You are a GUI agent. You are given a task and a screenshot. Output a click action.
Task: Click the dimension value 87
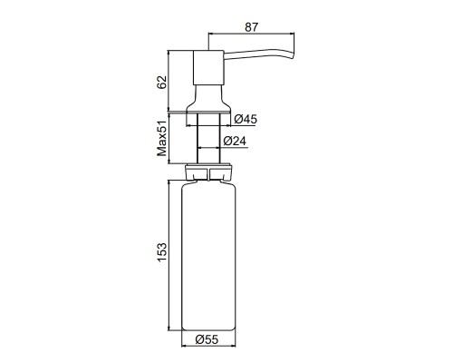[x=252, y=27]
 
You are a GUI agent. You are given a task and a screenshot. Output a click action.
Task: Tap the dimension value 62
[x=162, y=82]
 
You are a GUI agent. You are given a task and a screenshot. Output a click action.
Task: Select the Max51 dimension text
[x=162, y=138]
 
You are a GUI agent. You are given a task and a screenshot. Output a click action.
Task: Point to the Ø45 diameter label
[x=246, y=119]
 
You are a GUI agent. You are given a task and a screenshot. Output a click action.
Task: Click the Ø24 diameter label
[x=235, y=141]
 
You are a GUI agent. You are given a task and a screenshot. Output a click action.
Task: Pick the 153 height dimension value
[x=162, y=252]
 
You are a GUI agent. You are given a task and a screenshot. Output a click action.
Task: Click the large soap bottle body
[x=208, y=256]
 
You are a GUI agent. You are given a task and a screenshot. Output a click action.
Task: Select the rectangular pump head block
[x=208, y=67]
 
